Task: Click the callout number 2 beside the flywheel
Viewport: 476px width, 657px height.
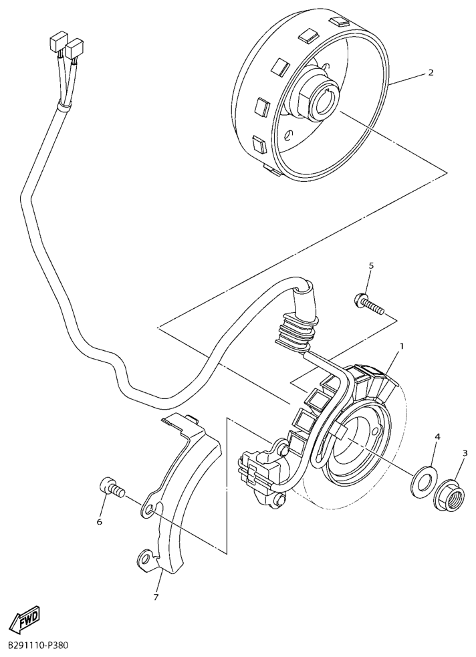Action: click(431, 72)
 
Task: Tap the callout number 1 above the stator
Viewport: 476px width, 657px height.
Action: click(402, 346)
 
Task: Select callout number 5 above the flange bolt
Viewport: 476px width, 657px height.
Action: click(371, 265)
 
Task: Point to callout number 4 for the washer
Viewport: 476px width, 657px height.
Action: click(437, 436)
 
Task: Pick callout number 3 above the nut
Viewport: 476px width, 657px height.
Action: click(465, 452)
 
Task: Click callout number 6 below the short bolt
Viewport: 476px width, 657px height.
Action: click(100, 522)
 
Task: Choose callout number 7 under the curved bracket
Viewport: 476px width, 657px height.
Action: click(156, 597)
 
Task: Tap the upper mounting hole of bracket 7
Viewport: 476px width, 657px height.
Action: click(150, 511)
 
